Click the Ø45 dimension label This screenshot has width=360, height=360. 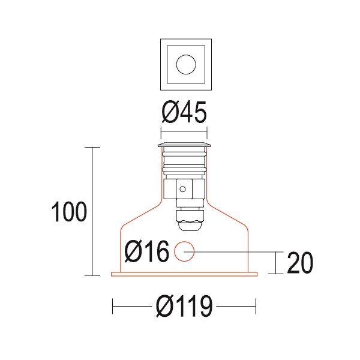[184, 112]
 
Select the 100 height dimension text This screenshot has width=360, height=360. [69, 212]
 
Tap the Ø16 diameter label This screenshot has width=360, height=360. [146, 252]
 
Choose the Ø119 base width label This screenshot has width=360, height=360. [184, 307]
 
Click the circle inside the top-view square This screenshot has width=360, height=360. [184, 63]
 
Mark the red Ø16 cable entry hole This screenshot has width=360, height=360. [184, 252]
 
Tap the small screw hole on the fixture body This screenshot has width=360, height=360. [182, 190]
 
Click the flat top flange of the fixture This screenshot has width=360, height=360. [184, 145]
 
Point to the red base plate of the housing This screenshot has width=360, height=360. [184, 275]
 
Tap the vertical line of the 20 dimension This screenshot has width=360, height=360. [275, 263]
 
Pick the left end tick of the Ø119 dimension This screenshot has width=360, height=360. [113, 307]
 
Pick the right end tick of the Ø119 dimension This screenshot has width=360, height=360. [256, 307]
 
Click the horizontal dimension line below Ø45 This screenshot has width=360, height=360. [184, 133]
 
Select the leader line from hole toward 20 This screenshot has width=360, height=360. [234, 252]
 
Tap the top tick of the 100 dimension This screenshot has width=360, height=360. [92, 147]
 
